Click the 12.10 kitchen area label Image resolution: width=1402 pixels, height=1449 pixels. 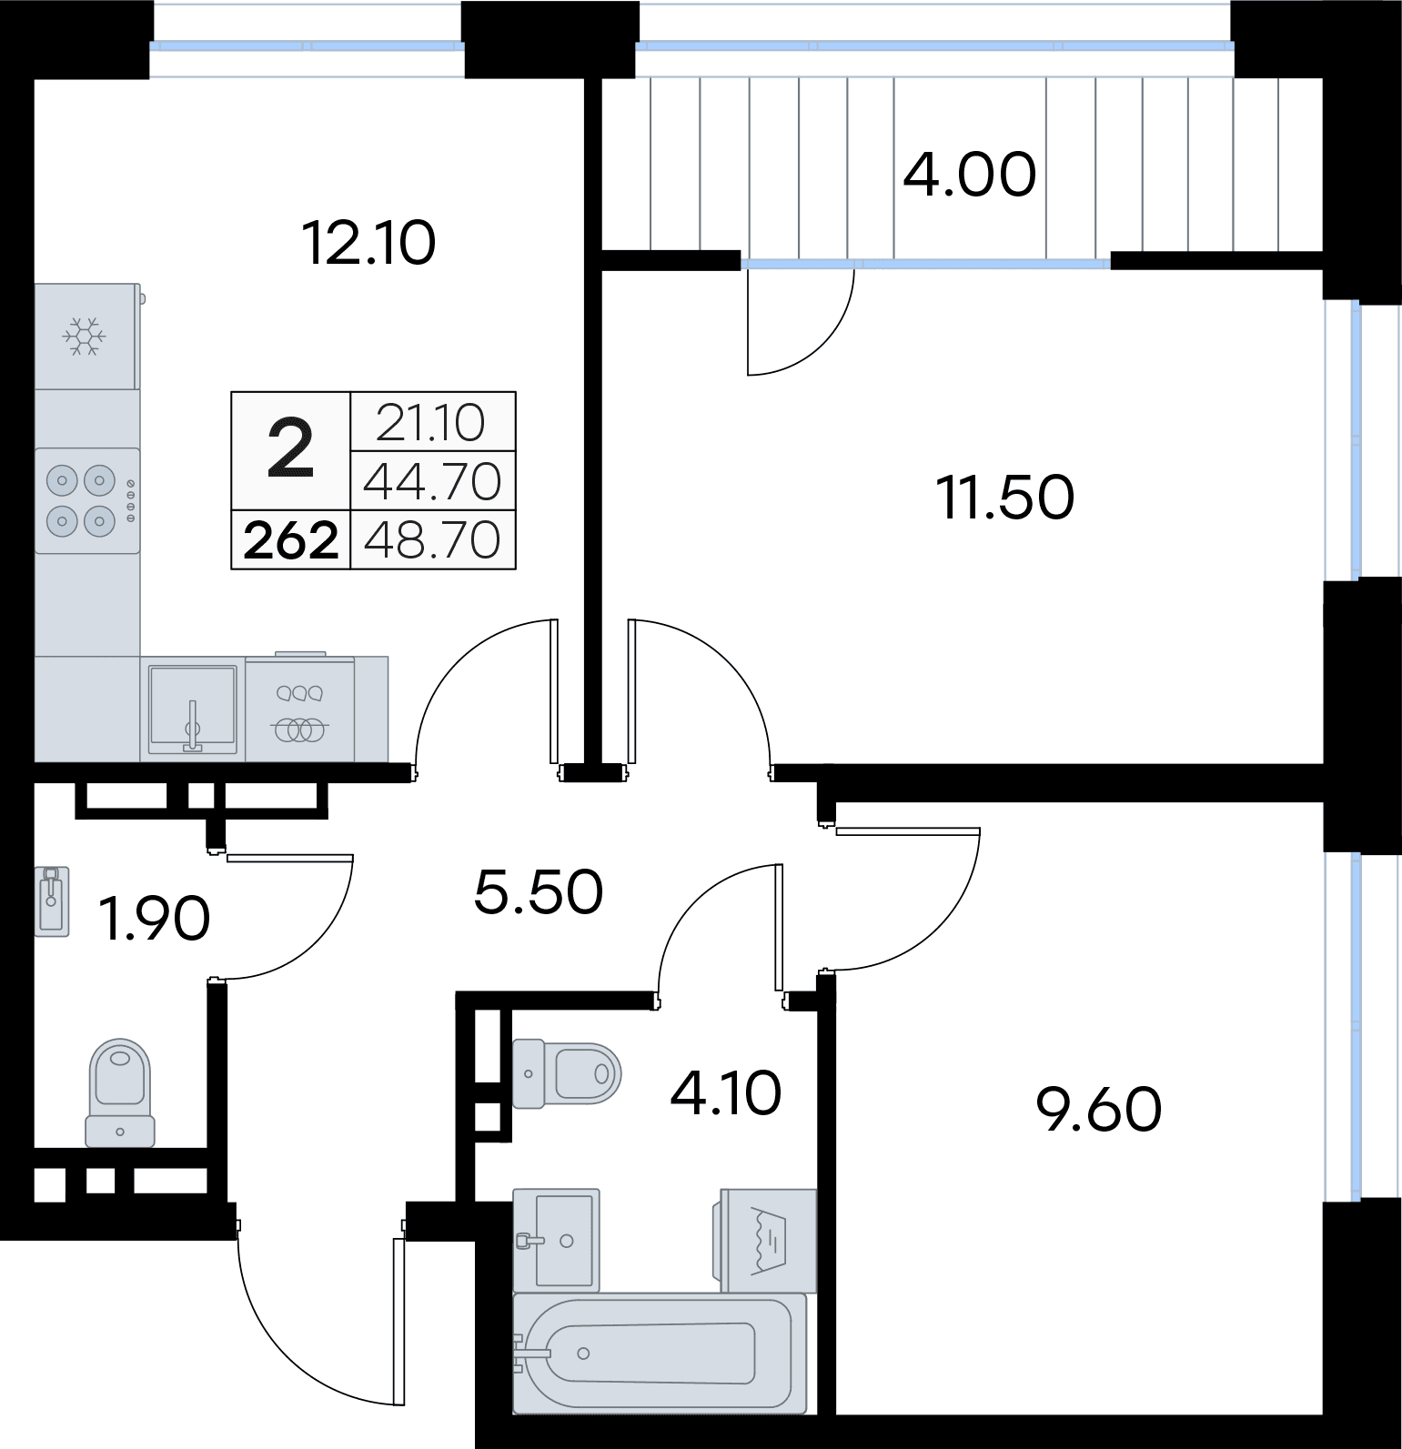[x=368, y=244]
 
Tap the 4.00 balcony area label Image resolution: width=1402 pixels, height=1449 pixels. [x=970, y=175]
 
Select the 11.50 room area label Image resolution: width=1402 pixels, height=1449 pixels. [x=1005, y=498]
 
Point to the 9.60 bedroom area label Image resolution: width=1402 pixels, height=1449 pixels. [x=1099, y=1110]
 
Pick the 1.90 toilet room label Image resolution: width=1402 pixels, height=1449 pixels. [x=156, y=919]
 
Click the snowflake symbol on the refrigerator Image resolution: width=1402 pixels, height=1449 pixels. [x=85, y=337]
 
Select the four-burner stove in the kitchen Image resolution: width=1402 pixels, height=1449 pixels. [x=87, y=500]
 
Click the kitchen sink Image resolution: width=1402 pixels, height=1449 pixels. [x=192, y=709]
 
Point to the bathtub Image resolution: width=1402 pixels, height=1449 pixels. [x=660, y=1353]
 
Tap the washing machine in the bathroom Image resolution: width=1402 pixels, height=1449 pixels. [x=768, y=1239]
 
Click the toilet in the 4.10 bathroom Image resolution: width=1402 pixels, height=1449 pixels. [x=566, y=1074]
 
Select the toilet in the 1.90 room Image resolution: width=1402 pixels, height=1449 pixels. [x=120, y=1092]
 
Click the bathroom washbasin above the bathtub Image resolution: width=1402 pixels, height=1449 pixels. [x=556, y=1240]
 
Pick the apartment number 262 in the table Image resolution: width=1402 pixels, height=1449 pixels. [x=291, y=541]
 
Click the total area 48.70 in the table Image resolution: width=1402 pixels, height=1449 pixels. [x=432, y=540]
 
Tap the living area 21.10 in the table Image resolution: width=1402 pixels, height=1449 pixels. [x=431, y=423]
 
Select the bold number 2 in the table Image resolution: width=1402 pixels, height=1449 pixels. [x=291, y=450]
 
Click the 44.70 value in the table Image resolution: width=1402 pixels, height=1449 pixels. [x=432, y=482]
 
